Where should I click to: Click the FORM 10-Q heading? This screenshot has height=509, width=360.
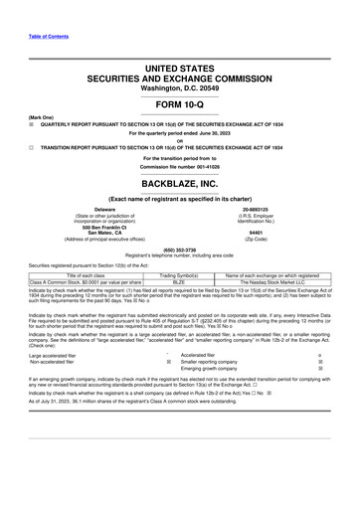click(180, 105)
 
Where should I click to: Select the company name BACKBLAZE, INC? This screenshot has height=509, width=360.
click(180, 185)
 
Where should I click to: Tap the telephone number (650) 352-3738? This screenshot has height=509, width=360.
click(180, 250)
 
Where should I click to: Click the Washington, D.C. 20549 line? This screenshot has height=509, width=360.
click(180, 87)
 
